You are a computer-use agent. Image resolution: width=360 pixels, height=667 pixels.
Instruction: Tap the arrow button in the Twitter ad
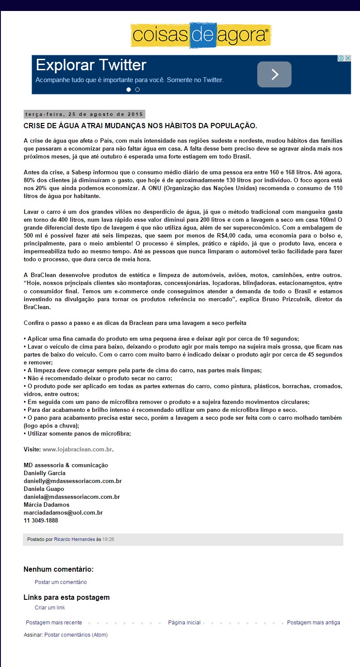274,74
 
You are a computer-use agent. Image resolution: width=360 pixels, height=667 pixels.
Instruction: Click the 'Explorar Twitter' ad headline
91,65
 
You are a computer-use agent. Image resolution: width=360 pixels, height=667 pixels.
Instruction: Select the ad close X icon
347,58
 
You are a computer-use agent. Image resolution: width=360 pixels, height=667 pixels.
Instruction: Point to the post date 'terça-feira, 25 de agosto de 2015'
84,114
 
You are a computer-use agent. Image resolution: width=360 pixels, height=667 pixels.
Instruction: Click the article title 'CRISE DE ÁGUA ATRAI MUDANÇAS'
140,126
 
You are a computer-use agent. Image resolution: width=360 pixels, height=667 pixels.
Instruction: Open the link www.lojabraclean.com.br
78,449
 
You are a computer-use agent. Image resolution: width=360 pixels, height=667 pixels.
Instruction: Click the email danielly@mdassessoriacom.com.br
72,481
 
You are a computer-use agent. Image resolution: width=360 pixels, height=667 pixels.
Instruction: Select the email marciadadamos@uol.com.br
63,512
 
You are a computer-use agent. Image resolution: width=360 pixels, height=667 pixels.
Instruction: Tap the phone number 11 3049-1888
41,520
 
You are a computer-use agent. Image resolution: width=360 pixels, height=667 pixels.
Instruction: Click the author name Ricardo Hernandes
74,539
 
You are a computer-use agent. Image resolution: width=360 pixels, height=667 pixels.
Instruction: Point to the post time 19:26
108,539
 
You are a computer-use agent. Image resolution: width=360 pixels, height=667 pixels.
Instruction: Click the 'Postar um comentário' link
61,582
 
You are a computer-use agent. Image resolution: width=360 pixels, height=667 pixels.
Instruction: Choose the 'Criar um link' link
50,607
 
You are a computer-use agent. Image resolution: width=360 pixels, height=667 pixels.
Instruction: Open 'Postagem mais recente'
54,622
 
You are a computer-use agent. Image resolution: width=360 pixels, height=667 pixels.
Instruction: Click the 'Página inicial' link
184,622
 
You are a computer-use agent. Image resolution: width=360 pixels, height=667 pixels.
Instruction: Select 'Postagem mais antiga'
313,622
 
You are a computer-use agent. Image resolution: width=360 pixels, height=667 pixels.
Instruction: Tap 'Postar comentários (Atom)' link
76,635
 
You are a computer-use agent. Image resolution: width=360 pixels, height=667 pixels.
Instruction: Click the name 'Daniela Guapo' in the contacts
44,489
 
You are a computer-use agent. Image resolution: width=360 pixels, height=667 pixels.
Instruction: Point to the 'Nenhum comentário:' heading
58,570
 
